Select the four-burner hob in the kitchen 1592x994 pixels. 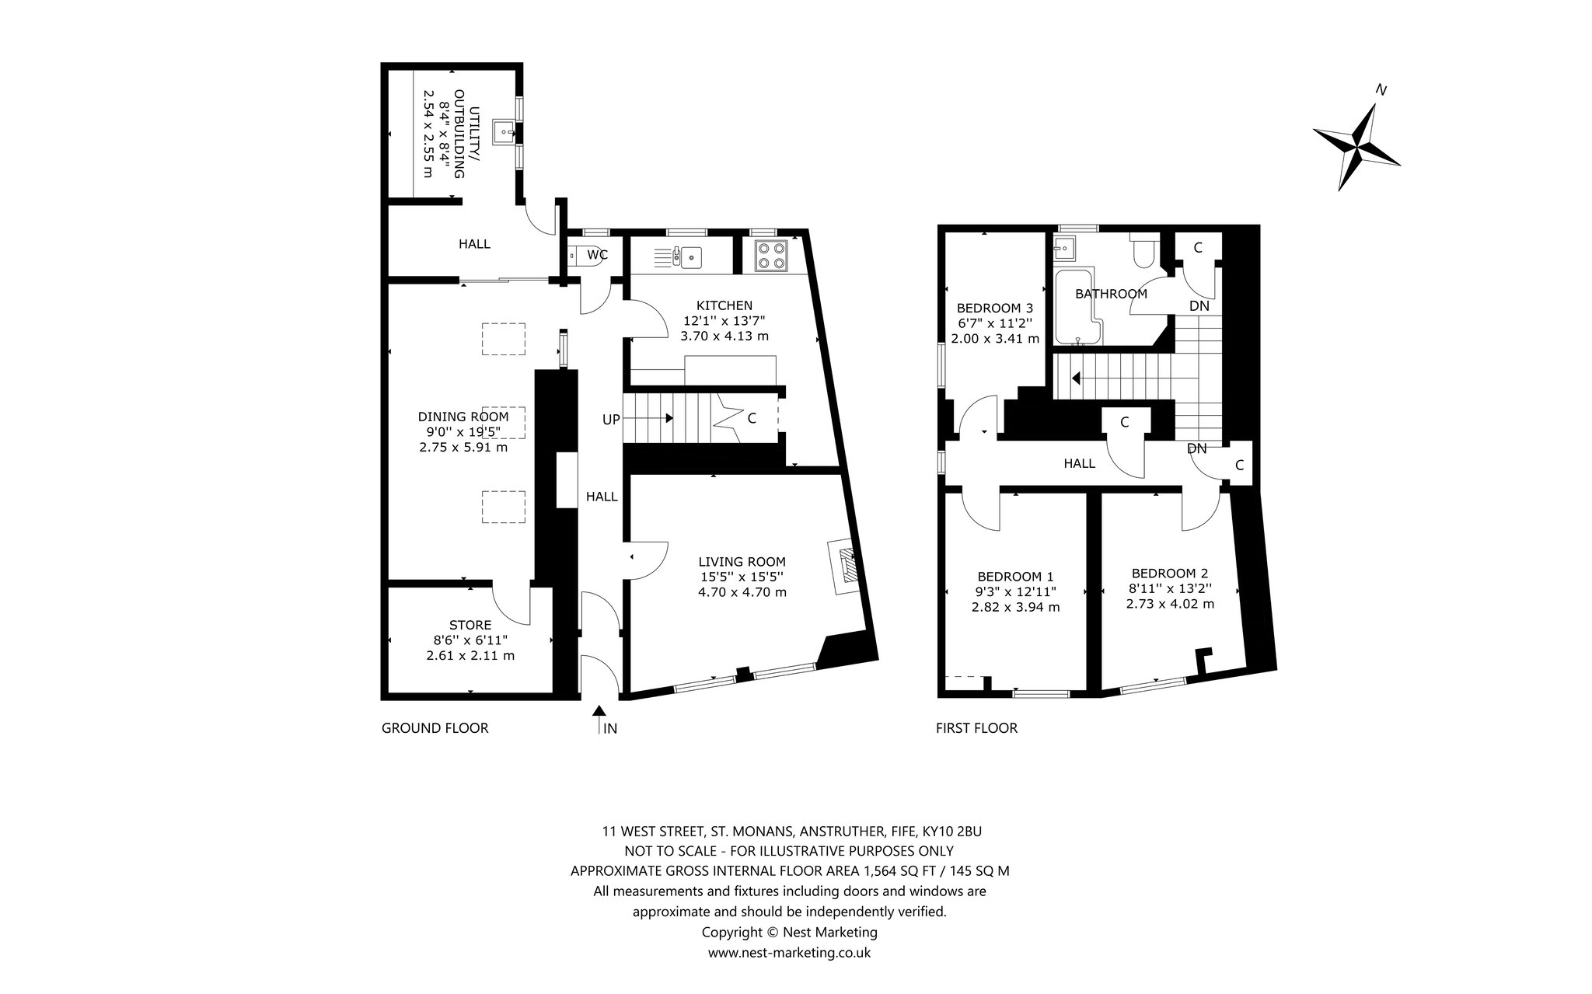770,256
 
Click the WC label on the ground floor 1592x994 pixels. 598,254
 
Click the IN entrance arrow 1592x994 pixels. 599,719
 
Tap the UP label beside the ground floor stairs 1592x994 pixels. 611,420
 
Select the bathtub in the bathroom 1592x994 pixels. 1076,306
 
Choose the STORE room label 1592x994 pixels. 470,625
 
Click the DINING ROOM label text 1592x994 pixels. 463,417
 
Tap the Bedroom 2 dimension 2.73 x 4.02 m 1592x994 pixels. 1170,604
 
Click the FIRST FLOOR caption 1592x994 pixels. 976,728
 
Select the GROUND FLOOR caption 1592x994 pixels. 435,728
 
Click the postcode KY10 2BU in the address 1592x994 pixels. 962,831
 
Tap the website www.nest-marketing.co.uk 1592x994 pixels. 789,952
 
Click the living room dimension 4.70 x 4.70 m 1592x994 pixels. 742,591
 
